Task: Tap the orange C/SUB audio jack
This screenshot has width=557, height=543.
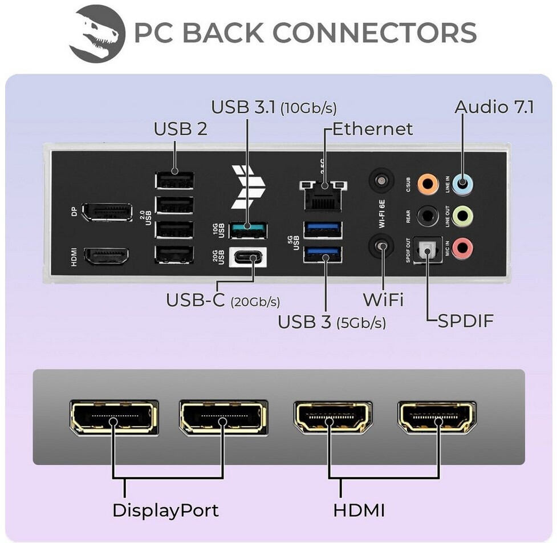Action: click(428, 184)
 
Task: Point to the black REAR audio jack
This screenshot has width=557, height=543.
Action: click(428, 216)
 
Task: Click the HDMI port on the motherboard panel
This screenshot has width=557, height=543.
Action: click(107, 256)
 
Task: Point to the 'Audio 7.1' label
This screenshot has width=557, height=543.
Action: click(494, 107)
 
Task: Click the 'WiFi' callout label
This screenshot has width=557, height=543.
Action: click(383, 299)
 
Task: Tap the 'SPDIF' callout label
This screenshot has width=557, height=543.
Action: click(465, 321)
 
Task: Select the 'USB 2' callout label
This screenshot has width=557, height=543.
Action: click(181, 129)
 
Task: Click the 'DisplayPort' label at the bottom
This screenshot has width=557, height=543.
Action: click(165, 509)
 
